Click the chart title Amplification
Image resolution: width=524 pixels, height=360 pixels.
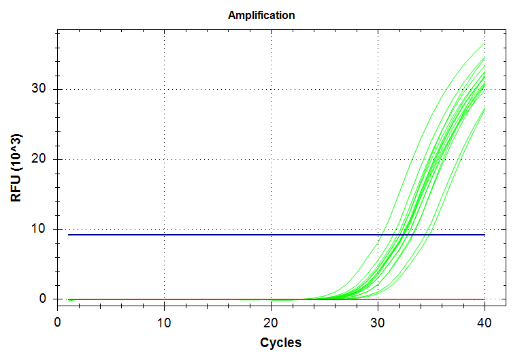pyautogui.click(x=261, y=15)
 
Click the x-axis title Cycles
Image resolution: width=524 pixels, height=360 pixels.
pyautogui.click(x=280, y=342)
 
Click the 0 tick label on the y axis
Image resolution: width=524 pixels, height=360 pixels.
pyautogui.click(x=42, y=299)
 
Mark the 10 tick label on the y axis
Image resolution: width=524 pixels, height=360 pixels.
pyautogui.click(x=39, y=229)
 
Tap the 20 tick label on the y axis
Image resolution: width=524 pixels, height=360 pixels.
pyautogui.click(x=39, y=159)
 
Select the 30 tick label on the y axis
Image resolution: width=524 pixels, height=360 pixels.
pyautogui.click(x=39, y=89)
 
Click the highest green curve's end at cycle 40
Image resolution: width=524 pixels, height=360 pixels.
pyautogui.click(x=485, y=44)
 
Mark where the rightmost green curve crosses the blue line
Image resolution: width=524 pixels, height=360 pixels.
pyautogui.click(x=427, y=235)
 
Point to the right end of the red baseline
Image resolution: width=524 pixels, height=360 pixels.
pyautogui.click(x=485, y=299)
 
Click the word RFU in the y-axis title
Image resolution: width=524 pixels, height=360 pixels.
pyautogui.click(x=16, y=186)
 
